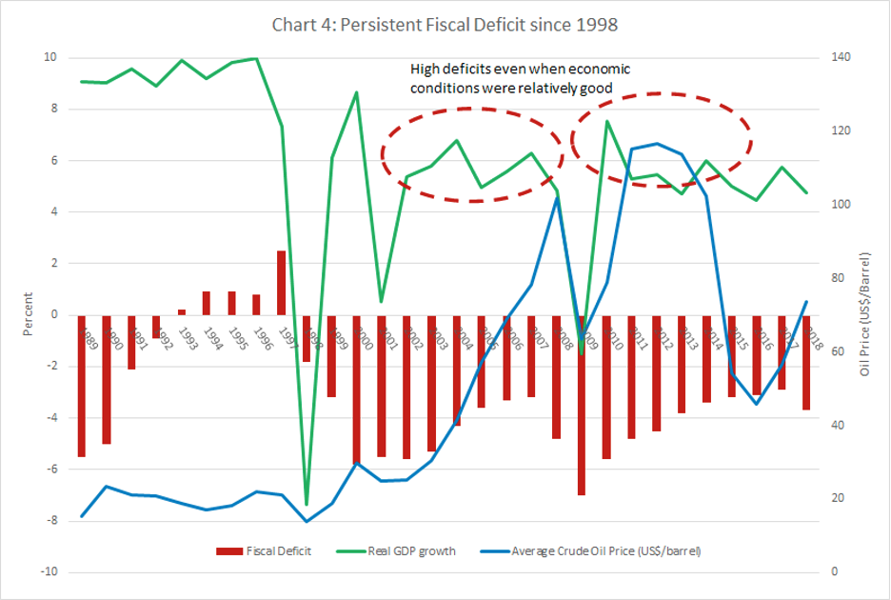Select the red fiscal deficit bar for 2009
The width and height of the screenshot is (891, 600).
point(580,405)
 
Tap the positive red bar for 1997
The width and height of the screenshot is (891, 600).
point(282,282)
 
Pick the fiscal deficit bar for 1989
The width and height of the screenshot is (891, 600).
point(82,386)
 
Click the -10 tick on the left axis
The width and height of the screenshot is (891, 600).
point(49,572)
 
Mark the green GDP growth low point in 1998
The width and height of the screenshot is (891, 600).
point(307,504)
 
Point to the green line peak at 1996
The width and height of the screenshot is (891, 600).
point(256,59)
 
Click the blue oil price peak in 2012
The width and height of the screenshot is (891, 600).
point(655,144)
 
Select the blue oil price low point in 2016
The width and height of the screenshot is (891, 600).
point(756,404)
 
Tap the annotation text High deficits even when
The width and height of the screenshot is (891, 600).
point(520,70)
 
